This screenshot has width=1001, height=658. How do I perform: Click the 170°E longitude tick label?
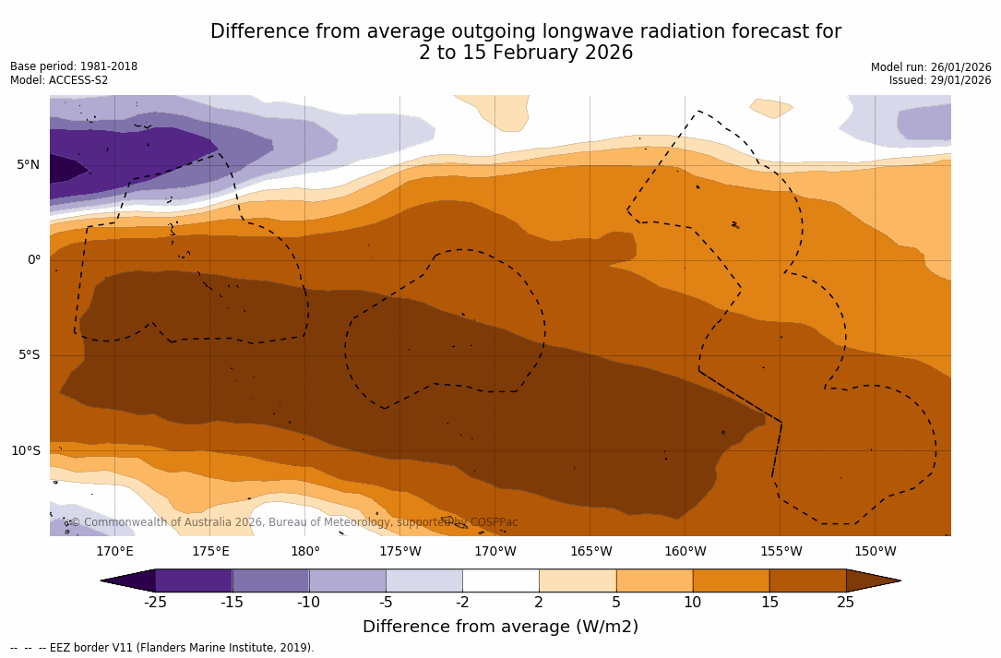tap(114, 552)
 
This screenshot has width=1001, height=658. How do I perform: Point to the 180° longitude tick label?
tap(305, 552)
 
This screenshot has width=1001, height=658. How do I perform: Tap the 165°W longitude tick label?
tap(590, 552)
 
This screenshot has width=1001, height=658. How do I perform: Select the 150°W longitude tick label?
tap(876, 552)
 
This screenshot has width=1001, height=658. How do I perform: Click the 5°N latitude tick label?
tap(28, 165)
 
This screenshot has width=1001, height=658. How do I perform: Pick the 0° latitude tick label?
tap(34, 260)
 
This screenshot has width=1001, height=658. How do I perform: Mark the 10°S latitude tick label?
tap(25, 451)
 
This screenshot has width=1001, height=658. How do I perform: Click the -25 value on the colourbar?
tap(155, 603)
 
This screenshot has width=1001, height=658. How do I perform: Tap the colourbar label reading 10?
tap(692, 603)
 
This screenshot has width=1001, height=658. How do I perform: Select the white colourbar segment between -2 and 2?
tap(501, 580)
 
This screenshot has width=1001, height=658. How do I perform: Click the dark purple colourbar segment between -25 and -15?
tap(194, 580)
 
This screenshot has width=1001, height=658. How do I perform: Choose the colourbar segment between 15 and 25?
tap(807, 580)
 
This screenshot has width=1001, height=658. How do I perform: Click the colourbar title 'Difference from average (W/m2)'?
tap(500, 627)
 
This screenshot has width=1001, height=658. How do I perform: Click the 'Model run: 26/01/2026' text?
tap(931, 67)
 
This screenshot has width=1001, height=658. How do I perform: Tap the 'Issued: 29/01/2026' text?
tap(940, 80)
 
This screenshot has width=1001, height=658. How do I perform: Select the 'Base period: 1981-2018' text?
tap(74, 66)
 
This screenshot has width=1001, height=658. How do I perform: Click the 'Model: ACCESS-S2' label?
tap(59, 80)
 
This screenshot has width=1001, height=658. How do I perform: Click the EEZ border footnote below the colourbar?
tap(162, 648)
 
